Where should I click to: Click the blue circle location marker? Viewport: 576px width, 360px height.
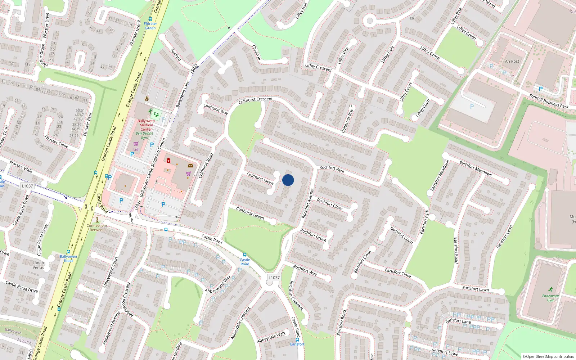coord(288,180)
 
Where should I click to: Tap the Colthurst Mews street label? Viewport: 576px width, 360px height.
coord(260,178)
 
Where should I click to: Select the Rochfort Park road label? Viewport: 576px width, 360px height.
coord(332,169)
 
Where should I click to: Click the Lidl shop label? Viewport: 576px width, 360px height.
coord(136,149)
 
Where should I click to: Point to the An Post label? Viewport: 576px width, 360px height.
coord(512,61)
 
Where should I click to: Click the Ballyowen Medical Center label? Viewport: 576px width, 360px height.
coord(146,125)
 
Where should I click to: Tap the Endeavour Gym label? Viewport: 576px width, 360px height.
coord(551,298)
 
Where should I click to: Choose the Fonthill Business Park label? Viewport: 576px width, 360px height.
coord(549,101)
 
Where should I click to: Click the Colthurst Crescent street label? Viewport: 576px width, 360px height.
coord(256,100)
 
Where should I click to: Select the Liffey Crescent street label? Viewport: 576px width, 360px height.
coord(318,67)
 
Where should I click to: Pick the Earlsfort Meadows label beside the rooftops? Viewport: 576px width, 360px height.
coord(475,168)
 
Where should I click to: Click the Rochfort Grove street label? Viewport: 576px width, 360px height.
coord(313,235)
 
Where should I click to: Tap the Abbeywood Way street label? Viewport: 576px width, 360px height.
coord(218,284)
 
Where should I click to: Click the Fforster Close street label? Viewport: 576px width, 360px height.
coord(56,141)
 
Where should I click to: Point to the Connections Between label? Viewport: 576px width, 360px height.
coord(97,228)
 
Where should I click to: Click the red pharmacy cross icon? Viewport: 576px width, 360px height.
coord(168,161)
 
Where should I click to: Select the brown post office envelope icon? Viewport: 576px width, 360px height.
coord(190,166)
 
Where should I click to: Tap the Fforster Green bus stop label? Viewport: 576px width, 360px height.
coord(150,26)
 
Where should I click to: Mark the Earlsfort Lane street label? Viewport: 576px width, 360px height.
coord(458,321)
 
